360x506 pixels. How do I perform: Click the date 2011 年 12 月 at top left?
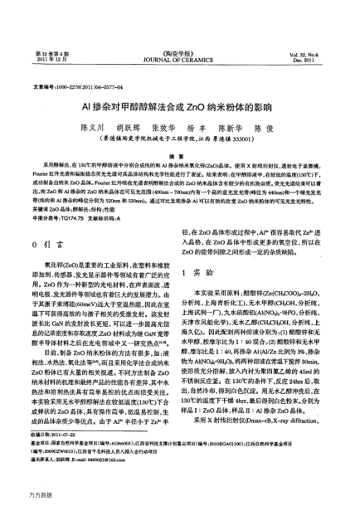pos(49,37)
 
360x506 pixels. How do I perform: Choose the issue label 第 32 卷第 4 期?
pos(49,31)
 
